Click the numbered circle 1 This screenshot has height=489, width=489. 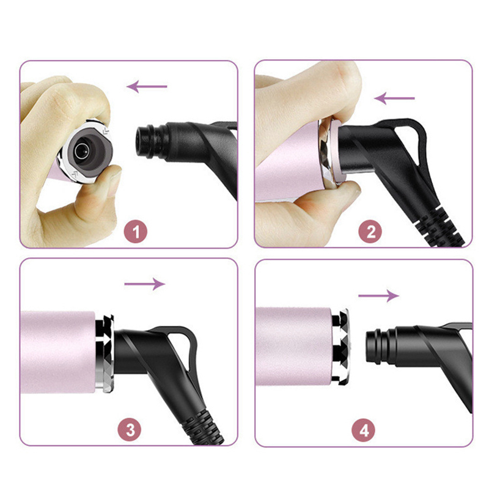coord(136,232)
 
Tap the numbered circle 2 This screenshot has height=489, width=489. coord(370,232)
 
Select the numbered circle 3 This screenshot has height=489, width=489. coord(129,430)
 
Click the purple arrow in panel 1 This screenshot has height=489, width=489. coord(147,86)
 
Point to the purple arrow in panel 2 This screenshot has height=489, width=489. coord(394,98)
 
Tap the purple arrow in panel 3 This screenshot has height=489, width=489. coord(145,284)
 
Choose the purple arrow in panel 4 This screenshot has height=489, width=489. coord(378,296)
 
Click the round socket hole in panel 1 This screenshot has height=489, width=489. coord(83,151)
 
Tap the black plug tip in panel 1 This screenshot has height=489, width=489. coord(144,141)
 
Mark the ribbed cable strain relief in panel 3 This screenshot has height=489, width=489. coord(203,427)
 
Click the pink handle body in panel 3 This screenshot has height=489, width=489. coord(58,353)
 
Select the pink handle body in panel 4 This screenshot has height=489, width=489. coord(294,347)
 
